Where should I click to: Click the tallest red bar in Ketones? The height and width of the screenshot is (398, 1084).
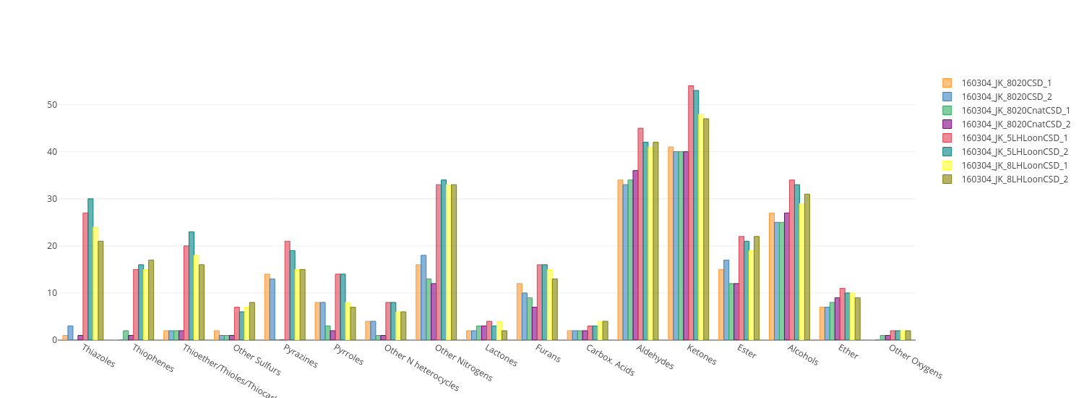pos(691,213)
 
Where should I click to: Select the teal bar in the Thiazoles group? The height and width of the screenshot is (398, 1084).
pos(90,269)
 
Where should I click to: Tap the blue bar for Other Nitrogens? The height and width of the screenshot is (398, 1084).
pos(423,297)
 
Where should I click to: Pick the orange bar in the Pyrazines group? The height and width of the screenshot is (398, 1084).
pos(267,307)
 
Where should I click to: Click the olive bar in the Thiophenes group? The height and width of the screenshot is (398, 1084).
pos(151,300)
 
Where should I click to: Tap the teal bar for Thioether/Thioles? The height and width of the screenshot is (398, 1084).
pos(192,286)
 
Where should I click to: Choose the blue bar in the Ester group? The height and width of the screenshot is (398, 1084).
pos(726,300)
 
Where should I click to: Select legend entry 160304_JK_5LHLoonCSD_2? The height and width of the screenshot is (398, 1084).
pos(1015,152)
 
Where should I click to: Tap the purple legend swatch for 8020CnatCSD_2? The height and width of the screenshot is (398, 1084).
pos(947,124)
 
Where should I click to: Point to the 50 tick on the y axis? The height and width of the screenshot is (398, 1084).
pos(52,105)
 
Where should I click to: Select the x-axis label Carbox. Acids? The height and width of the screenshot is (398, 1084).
pos(610,360)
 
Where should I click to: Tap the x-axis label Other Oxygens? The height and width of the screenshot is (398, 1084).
pos(915,362)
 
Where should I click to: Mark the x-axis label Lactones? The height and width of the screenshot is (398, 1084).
pos(501,356)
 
